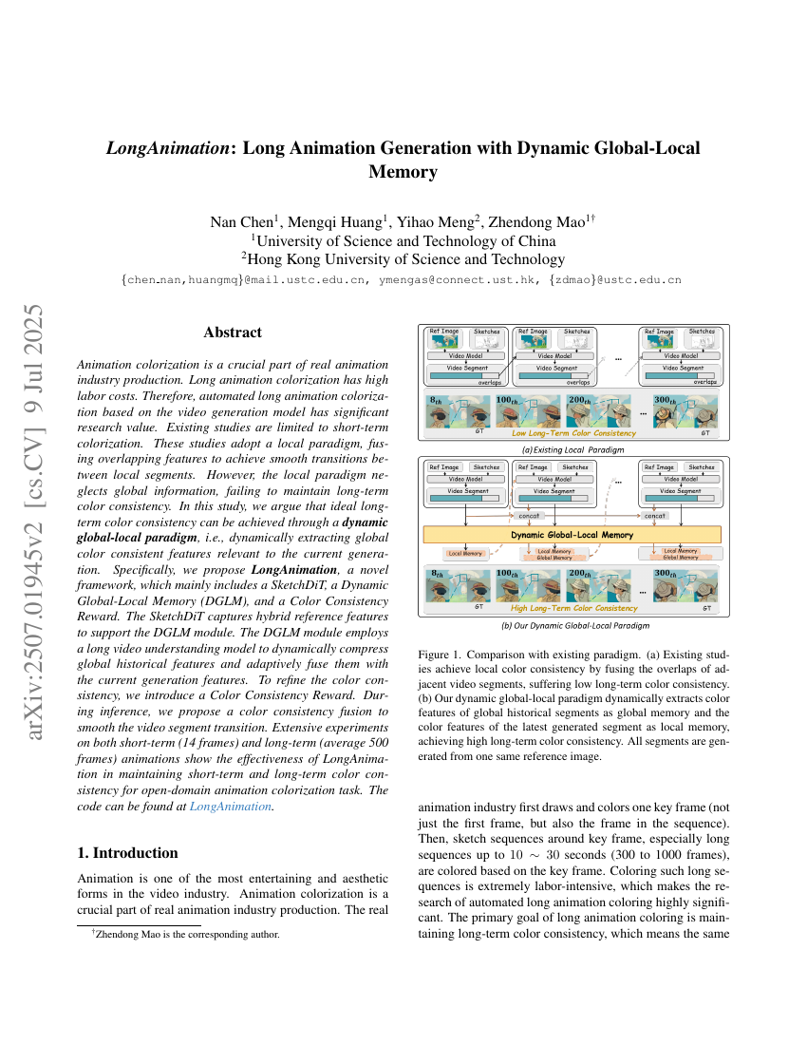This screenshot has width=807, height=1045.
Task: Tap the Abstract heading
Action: tap(233, 332)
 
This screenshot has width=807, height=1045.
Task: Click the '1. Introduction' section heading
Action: tap(127, 852)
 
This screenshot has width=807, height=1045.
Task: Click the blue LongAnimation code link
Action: tap(231, 806)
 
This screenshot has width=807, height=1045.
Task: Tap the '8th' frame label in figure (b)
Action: tap(437, 576)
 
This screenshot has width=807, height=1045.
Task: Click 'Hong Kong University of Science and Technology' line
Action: tap(403, 259)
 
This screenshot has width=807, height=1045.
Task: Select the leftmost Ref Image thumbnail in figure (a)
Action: tap(443, 342)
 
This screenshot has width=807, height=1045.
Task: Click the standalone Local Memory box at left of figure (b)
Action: tap(465, 553)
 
